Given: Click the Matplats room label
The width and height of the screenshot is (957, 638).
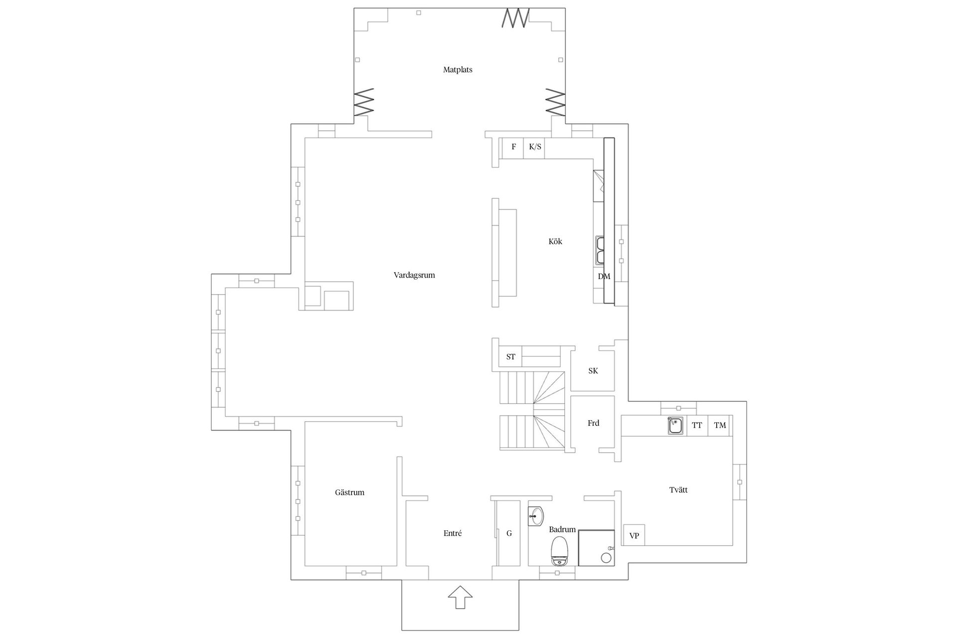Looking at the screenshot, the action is coord(458,70).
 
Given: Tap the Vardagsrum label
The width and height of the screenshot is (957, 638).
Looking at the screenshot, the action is coord(414,275).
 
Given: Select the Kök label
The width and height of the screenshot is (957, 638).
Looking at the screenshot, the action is coord(555,241).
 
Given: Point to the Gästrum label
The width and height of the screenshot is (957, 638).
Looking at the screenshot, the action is coord(349,492).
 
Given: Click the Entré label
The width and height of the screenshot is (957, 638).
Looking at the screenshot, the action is coord(453,533).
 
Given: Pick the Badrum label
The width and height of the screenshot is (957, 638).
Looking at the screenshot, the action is coord(562,529).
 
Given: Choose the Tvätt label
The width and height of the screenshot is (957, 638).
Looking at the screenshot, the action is coord(678,490).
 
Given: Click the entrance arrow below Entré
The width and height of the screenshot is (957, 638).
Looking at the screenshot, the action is coord(460,597).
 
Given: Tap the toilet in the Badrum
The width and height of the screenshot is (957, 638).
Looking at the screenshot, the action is coord(560,551).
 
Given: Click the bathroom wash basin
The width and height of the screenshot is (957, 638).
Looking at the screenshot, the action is coord(536,515).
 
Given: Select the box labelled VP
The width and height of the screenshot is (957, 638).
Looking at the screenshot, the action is coord(634,535).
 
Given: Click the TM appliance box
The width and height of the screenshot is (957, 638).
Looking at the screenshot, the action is coord(720,425).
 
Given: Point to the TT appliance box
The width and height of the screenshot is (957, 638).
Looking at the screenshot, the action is coord(697,425).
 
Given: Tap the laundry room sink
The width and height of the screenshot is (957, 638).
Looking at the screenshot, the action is coord(676,426).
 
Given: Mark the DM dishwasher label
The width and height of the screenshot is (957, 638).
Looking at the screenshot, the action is coord(604,276).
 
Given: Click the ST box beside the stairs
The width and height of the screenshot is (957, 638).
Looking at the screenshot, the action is coord(510,357).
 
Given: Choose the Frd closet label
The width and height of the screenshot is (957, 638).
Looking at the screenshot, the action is coord(593,423).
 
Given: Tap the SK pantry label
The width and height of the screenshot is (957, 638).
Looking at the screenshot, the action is coord(593,371).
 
